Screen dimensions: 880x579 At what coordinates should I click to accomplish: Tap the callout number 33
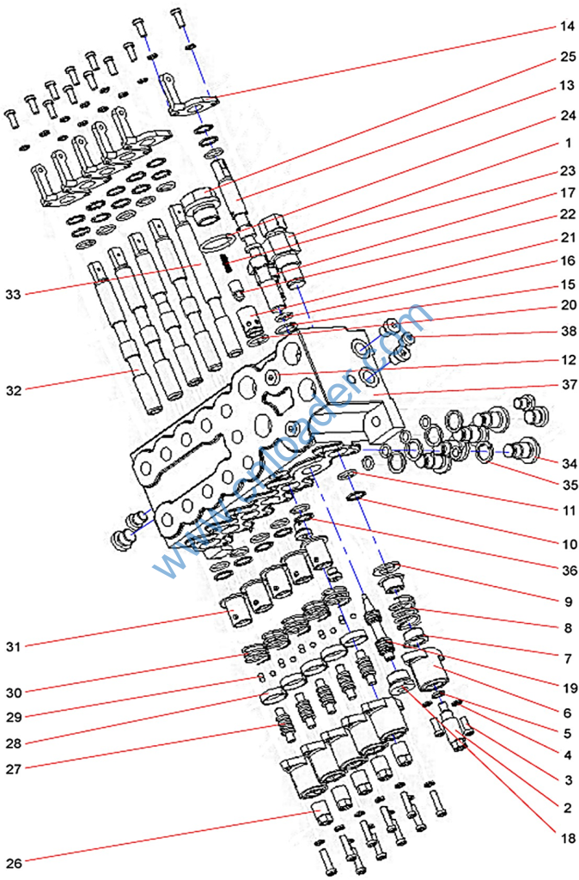point(13,295)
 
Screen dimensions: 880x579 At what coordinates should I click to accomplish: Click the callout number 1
point(566,144)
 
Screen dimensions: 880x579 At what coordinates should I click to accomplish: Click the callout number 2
point(566,807)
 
